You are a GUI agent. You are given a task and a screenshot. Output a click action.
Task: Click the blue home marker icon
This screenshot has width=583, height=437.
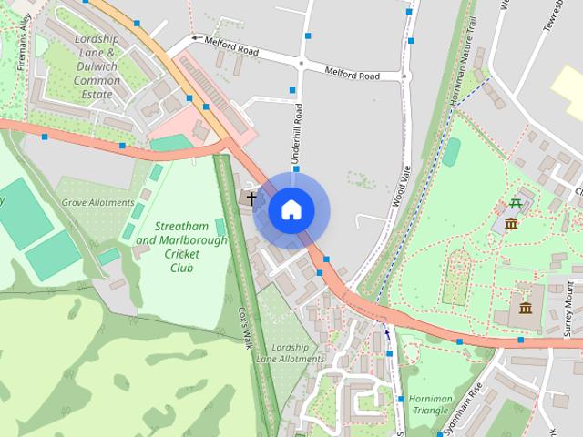click(x=291, y=210)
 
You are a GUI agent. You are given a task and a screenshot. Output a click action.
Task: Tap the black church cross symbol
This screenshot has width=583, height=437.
click(x=251, y=197)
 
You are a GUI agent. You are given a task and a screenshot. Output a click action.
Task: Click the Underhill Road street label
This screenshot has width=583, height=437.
click(x=297, y=134)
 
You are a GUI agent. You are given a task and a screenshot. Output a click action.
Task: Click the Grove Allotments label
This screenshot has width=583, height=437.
click(x=97, y=202)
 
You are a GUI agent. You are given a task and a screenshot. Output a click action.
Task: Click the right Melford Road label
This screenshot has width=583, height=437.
click(x=353, y=73)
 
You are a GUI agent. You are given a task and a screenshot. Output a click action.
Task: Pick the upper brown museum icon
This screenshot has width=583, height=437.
click(x=511, y=224)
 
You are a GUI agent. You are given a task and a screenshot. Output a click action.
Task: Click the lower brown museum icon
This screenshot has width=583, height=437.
click(x=525, y=308)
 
